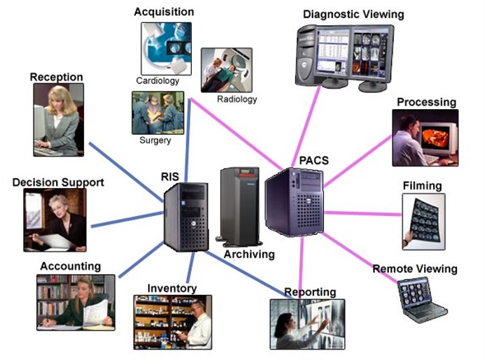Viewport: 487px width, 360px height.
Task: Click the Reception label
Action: coord(56,77)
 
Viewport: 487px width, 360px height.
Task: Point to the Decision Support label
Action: coord(58,182)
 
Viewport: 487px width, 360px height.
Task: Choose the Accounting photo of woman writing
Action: coord(75,302)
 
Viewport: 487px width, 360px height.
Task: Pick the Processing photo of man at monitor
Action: coord(425,138)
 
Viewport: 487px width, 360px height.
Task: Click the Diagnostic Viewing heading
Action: coord(353,14)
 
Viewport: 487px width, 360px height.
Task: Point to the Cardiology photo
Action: coord(166,48)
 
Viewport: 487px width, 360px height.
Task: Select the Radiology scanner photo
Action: coord(226,70)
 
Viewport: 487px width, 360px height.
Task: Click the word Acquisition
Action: coord(164,12)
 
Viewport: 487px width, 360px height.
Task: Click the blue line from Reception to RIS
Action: coord(126,172)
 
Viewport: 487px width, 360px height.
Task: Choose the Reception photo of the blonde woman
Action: coord(58,119)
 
